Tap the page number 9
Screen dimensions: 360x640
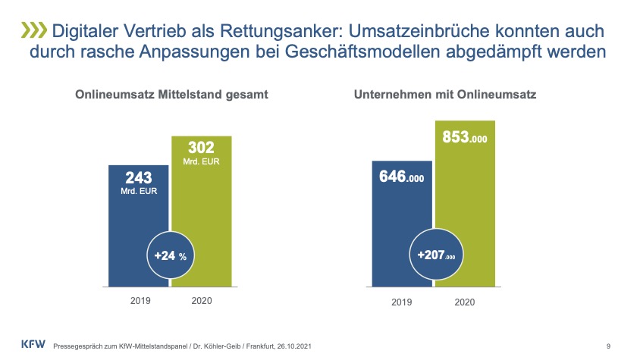tap(609, 346)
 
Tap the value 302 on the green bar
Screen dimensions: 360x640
tap(202, 149)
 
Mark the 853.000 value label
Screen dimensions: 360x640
tap(464, 138)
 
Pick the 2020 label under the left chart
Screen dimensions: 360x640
tap(201, 301)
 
